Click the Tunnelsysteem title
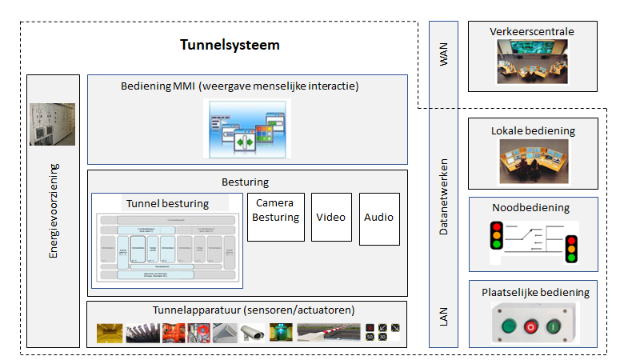pyautogui.click(x=229, y=45)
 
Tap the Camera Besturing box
pyautogui.click(x=276, y=216)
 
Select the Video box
pyautogui.click(x=331, y=217)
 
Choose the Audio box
pyautogui.click(x=379, y=217)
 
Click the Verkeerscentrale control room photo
pyautogui.click(x=532, y=63)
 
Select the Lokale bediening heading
pyautogui.click(x=533, y=130)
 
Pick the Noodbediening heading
pyautogui.click(x=533, y=208)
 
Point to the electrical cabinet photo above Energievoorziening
pyautogui.click(x=53, y=124)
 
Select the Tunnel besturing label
pyautogui.click(x=166, y=203)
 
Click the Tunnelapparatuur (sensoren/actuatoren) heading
pyautogui.click(x=247, y=310)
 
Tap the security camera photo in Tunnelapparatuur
pyautogui.click(x=253, y=331)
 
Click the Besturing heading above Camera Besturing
pyautogui.click(x=247, y=182)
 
